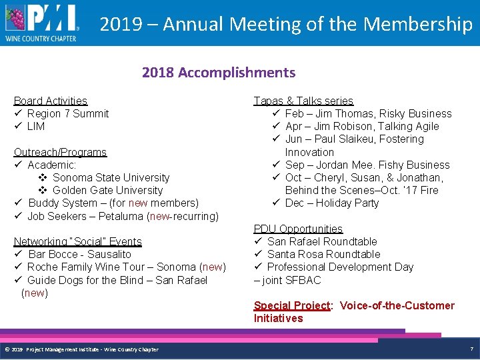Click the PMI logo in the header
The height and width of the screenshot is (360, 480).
(41, 22)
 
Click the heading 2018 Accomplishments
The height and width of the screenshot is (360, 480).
(218, 73)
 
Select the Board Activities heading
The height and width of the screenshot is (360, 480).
(51, 101)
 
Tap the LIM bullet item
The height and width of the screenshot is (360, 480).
(36, 126)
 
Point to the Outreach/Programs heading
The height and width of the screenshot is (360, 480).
(60, 152)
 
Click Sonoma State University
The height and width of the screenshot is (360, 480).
(111, 177)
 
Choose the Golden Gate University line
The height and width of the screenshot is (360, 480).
(107, 190)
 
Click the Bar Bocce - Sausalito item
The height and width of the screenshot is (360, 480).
(80, 254)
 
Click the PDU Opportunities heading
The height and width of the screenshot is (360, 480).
(298, 229)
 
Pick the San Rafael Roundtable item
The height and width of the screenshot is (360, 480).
(322, 241)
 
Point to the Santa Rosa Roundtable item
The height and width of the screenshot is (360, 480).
(323, 254)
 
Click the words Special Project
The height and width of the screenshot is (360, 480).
(292, 305)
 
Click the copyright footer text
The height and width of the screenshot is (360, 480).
(81, 349)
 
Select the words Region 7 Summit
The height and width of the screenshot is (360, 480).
(68, 113)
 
